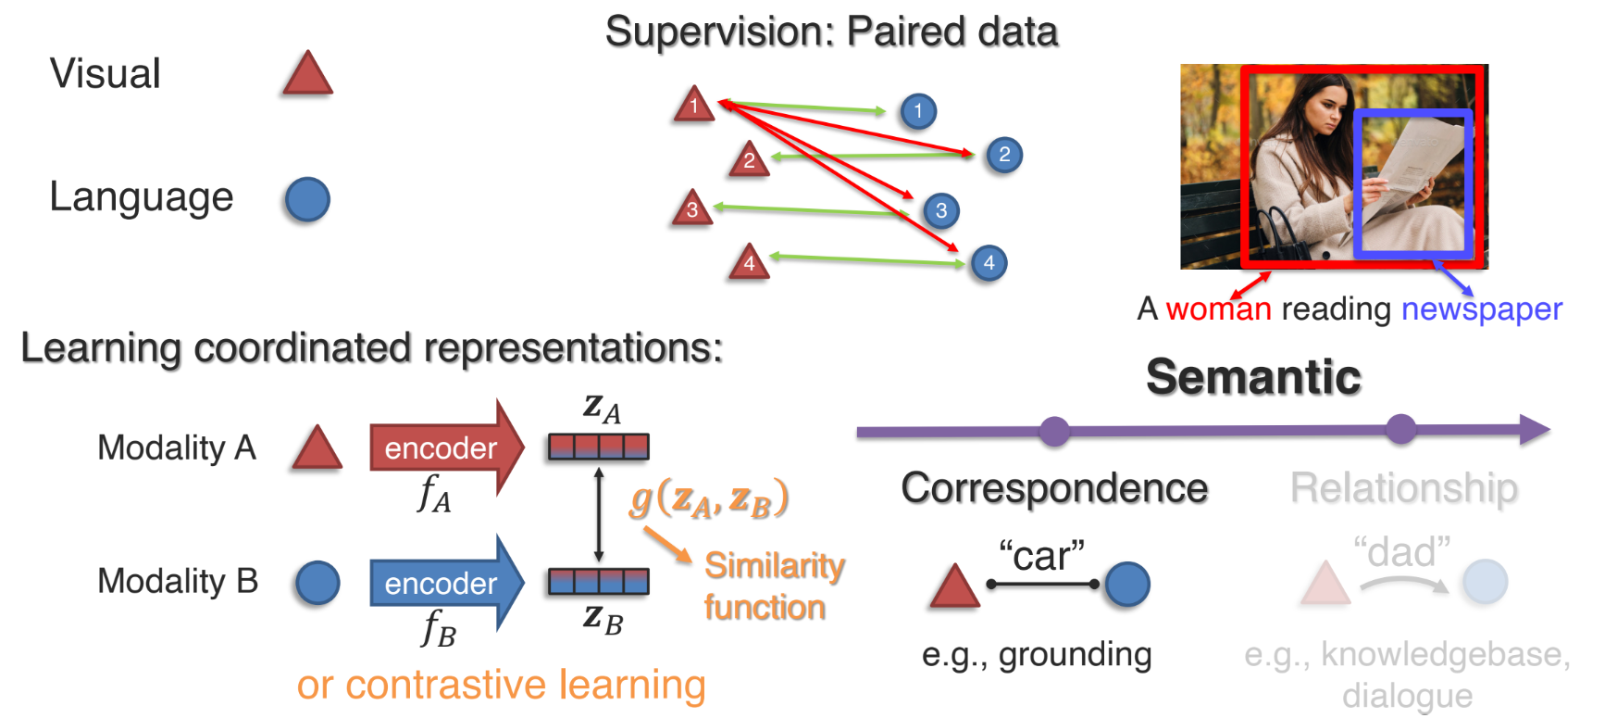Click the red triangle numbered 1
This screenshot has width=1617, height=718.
693,106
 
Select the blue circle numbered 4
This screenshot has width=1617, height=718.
989,262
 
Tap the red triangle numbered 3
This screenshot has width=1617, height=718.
692,209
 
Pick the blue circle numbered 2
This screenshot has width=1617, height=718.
1004,155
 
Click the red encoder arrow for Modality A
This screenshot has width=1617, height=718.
443,448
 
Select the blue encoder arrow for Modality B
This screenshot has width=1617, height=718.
443,583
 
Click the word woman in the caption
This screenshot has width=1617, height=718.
1218,309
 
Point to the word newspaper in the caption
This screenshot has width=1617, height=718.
1481,309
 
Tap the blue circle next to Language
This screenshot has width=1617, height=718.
307,199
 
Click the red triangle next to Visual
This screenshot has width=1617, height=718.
307,76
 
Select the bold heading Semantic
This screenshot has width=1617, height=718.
1253,377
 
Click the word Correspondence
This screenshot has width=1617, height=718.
1054,488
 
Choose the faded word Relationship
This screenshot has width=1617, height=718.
1403,488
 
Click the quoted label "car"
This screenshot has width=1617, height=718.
1041,556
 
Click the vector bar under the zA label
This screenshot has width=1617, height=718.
598,447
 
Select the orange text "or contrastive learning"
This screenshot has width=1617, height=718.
501,685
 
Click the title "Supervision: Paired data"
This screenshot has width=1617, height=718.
831,31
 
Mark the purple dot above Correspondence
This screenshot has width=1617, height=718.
1054,430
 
